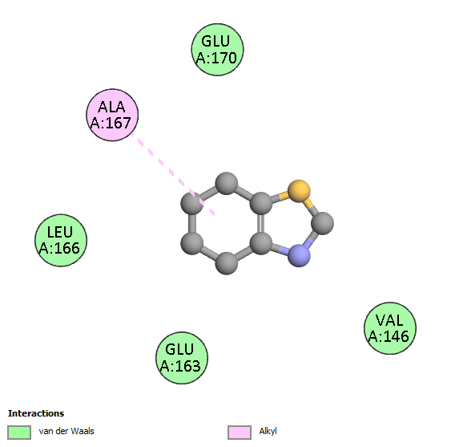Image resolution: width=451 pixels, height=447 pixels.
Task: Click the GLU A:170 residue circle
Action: [x=217, y=50]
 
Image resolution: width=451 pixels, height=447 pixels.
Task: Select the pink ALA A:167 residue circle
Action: [x=112, y=115]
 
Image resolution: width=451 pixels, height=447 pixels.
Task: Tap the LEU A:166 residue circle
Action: [x=61, y=241]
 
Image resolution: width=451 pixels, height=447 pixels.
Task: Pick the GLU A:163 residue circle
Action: [x=182, y=358]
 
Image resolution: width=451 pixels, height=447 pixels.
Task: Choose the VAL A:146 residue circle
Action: [x=390, y=328]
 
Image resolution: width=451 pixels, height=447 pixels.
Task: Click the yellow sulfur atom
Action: [x=299, y=191]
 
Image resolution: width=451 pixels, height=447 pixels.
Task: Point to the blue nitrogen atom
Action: [x=299, y=256]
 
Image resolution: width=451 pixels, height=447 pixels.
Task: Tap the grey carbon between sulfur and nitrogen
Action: [x=323, y=223]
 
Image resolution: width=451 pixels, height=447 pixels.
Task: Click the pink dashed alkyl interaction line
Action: [x=172, y=174]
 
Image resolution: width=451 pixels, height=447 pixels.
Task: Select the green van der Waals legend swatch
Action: [x=19, y=433]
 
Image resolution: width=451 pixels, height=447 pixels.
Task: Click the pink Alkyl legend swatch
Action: [x=240, y=433]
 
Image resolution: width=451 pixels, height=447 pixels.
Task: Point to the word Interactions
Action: [x=36, y=413]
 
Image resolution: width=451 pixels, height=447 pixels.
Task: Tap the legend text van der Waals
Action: [x=66, y=431]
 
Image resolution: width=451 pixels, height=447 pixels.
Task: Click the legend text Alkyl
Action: [x=268, y=431]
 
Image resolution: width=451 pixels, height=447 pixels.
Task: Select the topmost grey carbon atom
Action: [x=227, y=183]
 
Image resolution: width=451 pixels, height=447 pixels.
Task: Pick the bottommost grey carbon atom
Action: [x=227, y=263]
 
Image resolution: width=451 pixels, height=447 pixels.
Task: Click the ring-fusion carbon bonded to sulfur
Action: [x=261, y=204]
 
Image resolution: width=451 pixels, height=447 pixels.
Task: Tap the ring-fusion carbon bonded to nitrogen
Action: [x=261, y=243]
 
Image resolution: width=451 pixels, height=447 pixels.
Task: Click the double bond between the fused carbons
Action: [x=261, y=223]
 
